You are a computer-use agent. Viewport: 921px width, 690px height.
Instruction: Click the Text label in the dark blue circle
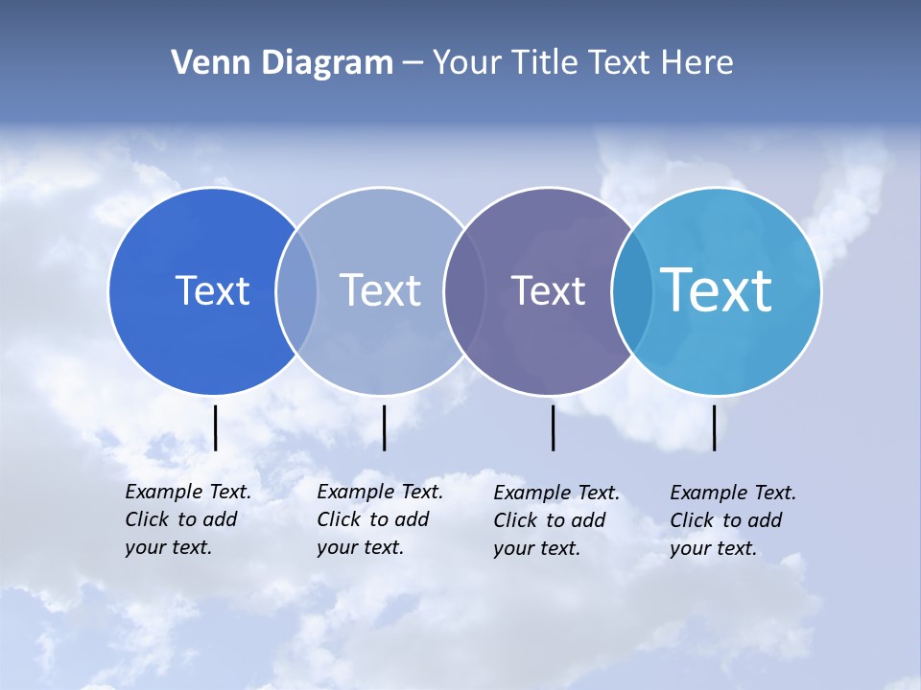(x=212, y=290)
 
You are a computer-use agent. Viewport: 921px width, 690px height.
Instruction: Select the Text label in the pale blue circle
(x=380, y=290)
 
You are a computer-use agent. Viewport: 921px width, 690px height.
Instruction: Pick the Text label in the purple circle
(x=548, y=290)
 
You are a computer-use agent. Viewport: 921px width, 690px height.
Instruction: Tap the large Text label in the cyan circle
(x=717, y=289)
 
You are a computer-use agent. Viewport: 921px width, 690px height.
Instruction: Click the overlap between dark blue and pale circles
(x=296, y=290)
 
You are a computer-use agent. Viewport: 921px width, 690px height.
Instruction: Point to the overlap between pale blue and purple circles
(x=463, y=290)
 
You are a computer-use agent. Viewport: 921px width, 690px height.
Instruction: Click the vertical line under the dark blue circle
(x=215, y=427)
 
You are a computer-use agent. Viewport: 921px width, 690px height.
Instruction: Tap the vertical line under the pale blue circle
(x=384, y=427)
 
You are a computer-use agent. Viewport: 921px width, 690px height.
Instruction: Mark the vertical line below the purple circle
(x=553, y=427)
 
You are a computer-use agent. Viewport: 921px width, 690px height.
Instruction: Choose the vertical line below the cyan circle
(x=714, y=427)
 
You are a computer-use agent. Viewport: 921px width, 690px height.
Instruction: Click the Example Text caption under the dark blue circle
(x=188, y=519)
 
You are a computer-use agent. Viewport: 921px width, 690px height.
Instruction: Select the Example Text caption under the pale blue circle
(x=380, y=519)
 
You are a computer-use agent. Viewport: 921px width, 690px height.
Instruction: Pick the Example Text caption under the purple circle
(x=556, y=520)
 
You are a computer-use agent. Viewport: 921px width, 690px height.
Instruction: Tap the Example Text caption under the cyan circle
(x=733, y=520)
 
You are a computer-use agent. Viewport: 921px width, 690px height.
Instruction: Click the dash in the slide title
(x=412, y=64)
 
